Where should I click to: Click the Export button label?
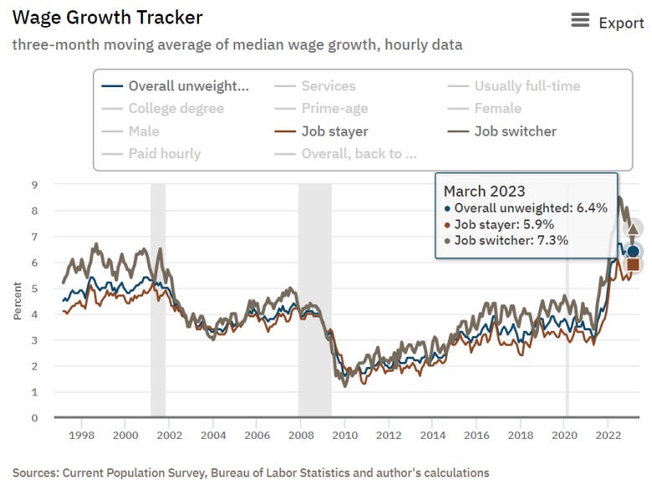point(621,23)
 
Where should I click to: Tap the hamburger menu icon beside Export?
point(580,20)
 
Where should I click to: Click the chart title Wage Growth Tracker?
point(107,17)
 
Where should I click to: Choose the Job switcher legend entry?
point(515,132)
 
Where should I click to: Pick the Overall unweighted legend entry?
point(188,86)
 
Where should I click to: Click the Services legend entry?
point(328,86)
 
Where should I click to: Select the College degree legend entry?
point(176,109)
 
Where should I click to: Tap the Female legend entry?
point(497,109)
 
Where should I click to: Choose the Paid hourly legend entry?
point(164,154)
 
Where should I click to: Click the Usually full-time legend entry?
point(526,86)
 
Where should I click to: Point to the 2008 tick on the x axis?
point(300,436)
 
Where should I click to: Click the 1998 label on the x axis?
point(81,436)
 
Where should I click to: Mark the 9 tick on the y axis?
point(35,185)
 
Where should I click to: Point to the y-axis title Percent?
point(18,301)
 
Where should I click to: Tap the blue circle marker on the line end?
point(633,251)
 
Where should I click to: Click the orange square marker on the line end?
point(633,265)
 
